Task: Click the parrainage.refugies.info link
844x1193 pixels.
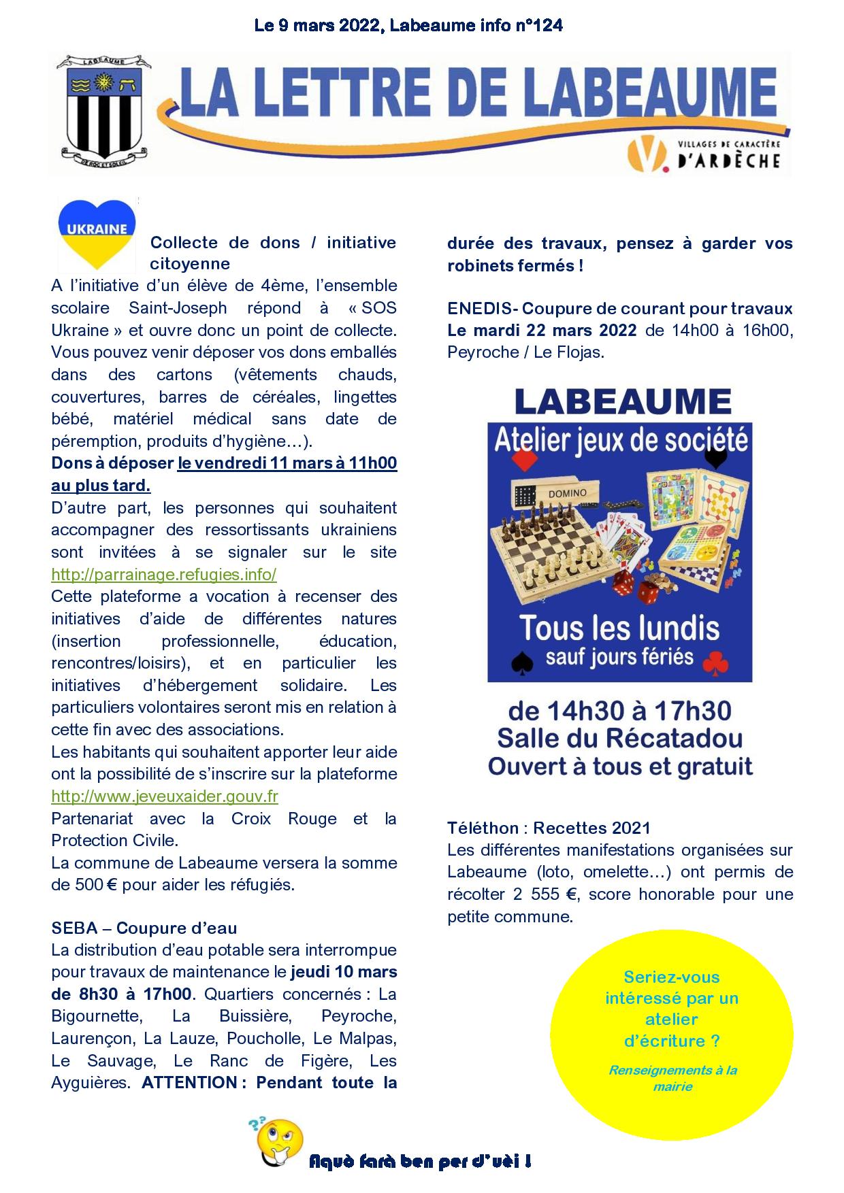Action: pos(164,574)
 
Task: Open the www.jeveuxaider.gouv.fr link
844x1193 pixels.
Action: pos(165,796)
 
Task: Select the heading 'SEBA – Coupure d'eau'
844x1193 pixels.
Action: pos(144,928)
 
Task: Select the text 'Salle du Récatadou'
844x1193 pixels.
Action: pos(620,738)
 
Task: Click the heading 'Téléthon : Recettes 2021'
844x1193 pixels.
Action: pos(549,828)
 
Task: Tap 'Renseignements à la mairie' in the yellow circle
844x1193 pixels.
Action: pos(672,1078)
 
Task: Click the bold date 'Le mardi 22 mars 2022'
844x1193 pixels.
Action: pos(542,330)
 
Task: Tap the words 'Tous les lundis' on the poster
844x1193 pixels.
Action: pos(620,627)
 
